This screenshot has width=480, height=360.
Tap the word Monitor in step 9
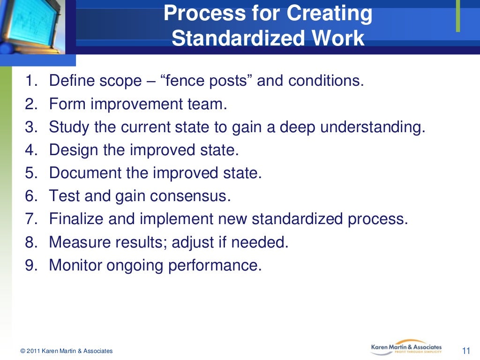[x=75, y=266]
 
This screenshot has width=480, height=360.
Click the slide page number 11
[x=466, y=351]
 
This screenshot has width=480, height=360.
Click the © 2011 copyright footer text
[x=66, y=351]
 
